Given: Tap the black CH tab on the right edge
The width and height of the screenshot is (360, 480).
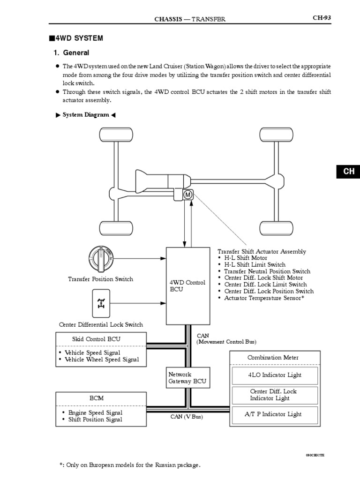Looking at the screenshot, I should [x=348, y=172].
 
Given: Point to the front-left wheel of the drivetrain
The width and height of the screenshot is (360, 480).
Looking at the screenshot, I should [x=113, y=135].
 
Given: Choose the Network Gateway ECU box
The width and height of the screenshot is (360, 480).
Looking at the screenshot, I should [x=187, y=378].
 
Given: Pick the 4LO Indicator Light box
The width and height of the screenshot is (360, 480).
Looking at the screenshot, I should [x=274, y=375].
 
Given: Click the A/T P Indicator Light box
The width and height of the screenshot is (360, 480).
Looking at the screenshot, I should [x=274, y=414].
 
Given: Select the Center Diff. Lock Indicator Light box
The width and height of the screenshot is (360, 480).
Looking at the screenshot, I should [x=274, y=395].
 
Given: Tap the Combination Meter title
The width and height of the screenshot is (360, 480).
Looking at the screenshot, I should [x=273, y=358].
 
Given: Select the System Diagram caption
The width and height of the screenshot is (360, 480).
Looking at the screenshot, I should [x=85, y=115].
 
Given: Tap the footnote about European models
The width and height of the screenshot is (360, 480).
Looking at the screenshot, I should [x=130, y=465].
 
